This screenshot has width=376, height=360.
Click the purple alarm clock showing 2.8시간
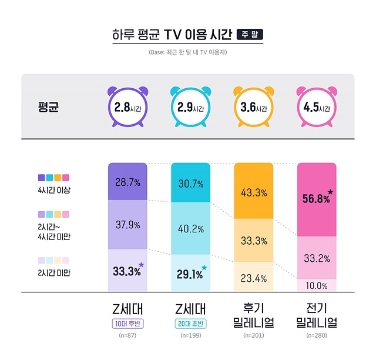click(x=127, y=109)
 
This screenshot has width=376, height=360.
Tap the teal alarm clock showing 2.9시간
click(x=190, y=109)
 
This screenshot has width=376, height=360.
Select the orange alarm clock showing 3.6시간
click(x=253, y=109)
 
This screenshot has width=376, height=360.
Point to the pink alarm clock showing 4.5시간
click(x=317, y=109)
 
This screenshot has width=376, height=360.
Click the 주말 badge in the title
click(x=249, y=35)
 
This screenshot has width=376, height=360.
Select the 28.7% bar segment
click(x=127, y=182)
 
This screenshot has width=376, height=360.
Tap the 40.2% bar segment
click(x=190, y=228)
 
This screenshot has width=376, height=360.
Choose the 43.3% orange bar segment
click(x=253, y=192)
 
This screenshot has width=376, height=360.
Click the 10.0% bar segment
click(x=317, y=285)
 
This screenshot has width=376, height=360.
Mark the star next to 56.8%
click(x=330, y=192)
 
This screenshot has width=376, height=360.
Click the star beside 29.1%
click(x=204, y=268)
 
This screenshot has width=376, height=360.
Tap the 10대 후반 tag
click(x=127, y=324)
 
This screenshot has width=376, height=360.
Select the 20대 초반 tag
click(x=190, y=324)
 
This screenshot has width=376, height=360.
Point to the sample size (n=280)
click(x=317, y=335)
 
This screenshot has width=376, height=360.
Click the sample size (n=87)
click(x=127, y=335)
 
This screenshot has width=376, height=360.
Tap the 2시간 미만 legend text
click(x=53, y=272)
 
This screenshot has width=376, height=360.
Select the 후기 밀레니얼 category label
click(x=253, y=316)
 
